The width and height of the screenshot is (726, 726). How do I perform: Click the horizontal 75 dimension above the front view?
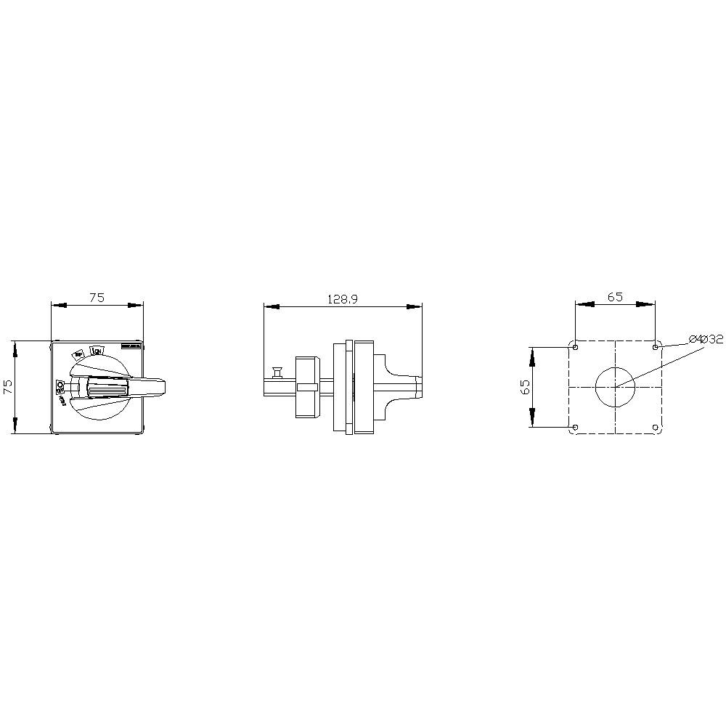coord(97,297)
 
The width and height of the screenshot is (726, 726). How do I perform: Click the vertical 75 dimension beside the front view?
coord(8,387)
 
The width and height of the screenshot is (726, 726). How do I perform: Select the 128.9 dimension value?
coord(343,298)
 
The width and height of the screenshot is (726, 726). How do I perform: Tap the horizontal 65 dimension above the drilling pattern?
coord(615,296)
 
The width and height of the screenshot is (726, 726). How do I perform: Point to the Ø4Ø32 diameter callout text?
coord(706,338)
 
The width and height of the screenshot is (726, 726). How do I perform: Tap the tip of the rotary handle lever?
coord(166,387)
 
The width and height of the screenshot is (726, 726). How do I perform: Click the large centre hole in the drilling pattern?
coord(615,387)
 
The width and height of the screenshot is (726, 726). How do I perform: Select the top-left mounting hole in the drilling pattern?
coord(575,347)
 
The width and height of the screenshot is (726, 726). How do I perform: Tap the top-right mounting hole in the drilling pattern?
coord(656,347)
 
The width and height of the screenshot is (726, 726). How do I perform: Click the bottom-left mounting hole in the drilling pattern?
coord(575,428)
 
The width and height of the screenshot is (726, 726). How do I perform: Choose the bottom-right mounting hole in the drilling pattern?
coord(656,428)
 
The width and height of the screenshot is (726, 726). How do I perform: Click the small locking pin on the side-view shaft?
coord(276,372)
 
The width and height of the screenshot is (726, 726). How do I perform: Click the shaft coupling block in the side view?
coord(306,387)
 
